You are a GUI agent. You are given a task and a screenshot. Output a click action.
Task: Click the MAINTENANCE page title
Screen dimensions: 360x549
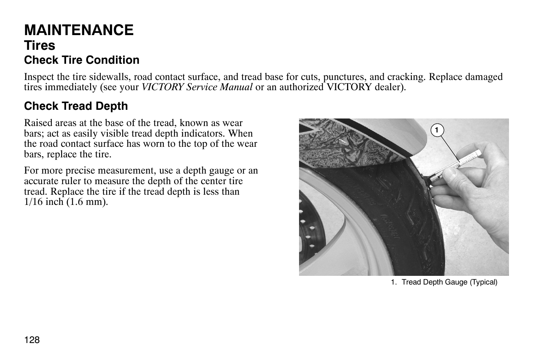click(79, 30)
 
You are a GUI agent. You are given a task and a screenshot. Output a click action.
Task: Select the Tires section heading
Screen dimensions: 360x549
click(40, 46)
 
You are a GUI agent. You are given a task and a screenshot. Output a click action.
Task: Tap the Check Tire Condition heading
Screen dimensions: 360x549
click(82, 60)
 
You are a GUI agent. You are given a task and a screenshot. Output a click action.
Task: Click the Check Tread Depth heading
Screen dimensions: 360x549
click(76, 106)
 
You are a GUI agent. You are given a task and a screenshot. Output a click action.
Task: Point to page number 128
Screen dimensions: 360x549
click(32, 340)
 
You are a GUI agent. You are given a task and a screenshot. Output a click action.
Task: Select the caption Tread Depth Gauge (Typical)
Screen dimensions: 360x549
click(449, 282)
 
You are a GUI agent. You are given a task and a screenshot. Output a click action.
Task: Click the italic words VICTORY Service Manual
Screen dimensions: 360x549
click(197, 87)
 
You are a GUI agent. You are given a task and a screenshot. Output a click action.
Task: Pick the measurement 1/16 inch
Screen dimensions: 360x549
click(41, 202)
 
